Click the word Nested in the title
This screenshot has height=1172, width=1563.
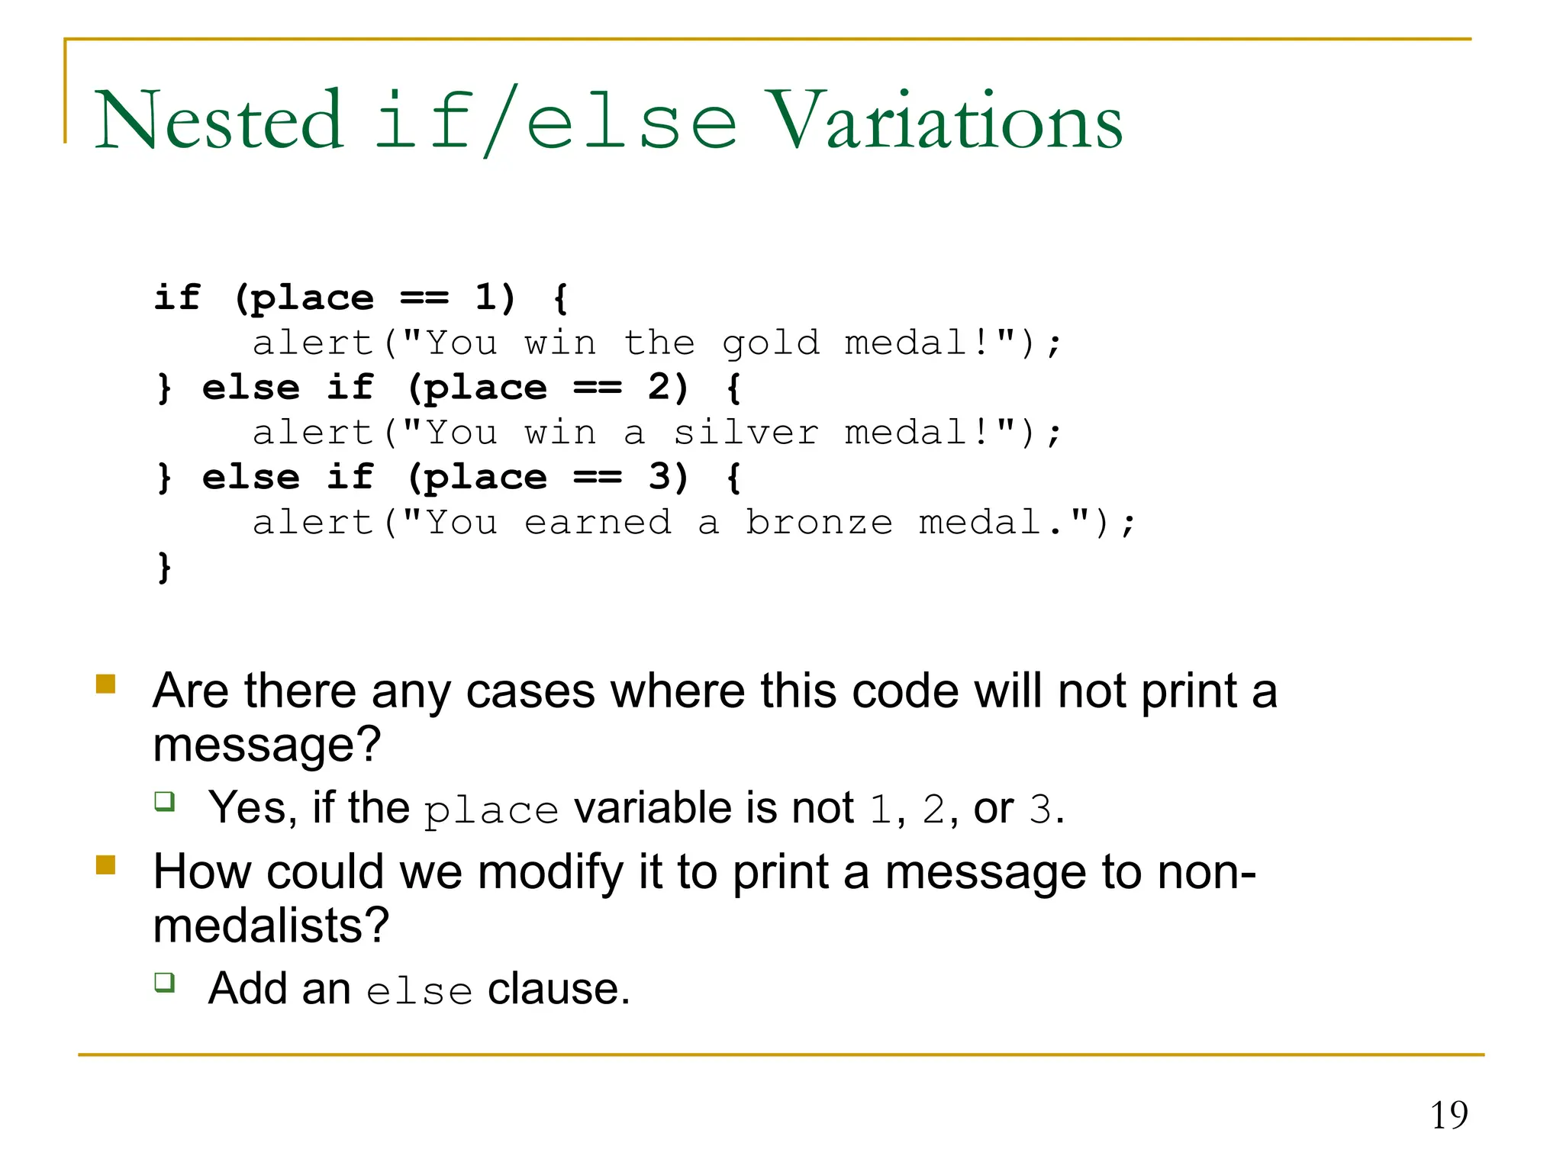tap(219, 121)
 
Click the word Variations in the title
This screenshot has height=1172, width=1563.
tap(944, 121)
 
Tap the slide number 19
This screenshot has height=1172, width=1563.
tap(1449, 1116)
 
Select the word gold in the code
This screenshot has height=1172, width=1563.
tap(770, 343)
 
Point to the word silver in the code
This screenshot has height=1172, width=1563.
tap(746, 433)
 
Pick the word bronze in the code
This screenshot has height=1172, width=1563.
tap(819, 523)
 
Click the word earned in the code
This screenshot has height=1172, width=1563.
tap(598, 523)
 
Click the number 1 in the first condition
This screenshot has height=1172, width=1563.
tap(485, 297)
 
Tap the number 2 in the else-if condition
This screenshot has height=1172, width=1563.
tap(658, 388)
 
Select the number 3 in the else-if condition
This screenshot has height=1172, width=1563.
tap(658, 478)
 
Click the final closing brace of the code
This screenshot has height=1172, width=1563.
tap(164, 568)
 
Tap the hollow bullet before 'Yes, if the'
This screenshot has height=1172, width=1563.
tap(165, 801)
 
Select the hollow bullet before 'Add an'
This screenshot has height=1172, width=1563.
tap(165, 982)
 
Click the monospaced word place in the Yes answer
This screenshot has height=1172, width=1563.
tap(491, 810)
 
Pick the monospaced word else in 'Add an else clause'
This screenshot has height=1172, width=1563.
tap(419, 991)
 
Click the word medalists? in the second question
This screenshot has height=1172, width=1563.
tap(271, 926)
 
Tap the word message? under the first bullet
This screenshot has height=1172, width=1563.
tap(266, 745)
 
